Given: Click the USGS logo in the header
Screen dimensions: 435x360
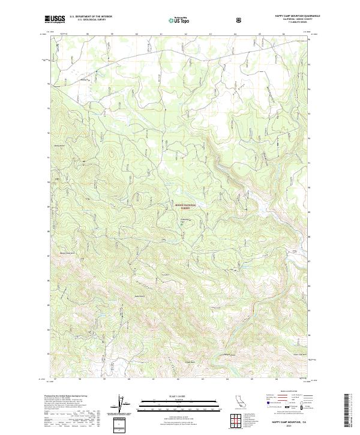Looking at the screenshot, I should click(x=55, y=20).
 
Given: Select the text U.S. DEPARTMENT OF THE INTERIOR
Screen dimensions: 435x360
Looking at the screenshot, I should click(x=91, y=17).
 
